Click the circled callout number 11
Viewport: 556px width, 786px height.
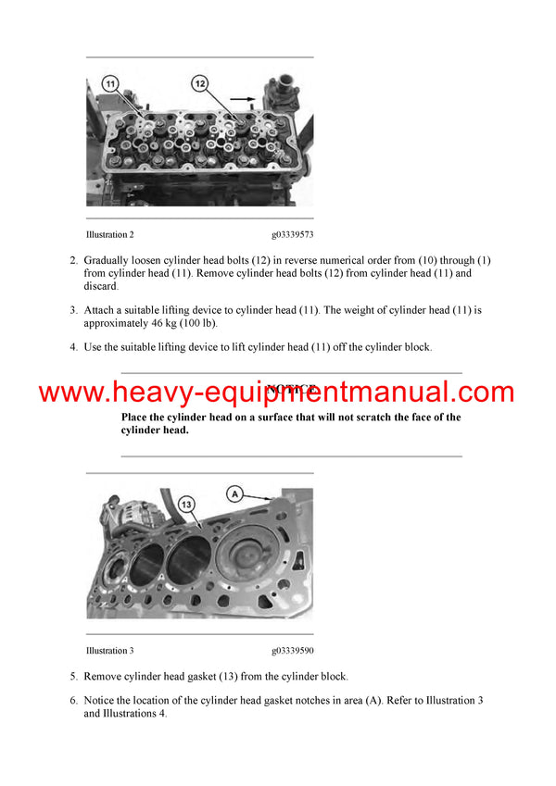(x=110, y=84)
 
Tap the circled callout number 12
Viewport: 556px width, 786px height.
(x=200, y=84)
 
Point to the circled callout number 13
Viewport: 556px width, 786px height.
(x=186, y=504)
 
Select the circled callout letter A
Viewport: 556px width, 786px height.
(x=235, y=494)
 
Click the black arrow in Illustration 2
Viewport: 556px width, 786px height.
(x=243, y=96)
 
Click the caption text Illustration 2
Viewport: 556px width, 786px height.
(x=116, y=235)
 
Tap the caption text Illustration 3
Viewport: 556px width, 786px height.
(x=116, y=651)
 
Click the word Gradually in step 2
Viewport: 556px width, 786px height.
(x=107, y=260)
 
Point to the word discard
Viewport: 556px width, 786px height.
(x=102, y=286)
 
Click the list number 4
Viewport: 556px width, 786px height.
(x=73, y=347)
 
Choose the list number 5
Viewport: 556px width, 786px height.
(x=73, y=677)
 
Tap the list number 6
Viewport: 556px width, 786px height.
(x=73, y=700)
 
